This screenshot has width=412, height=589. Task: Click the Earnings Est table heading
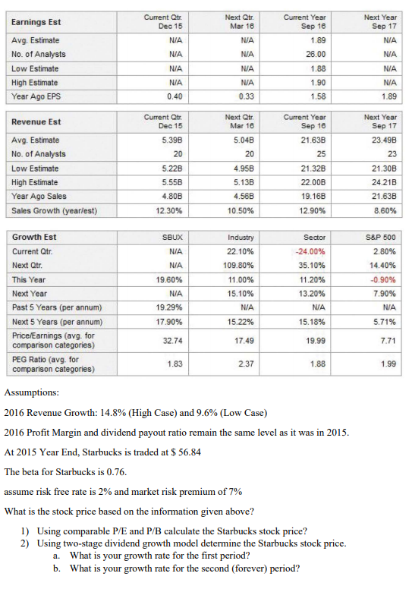(x=35, y=21)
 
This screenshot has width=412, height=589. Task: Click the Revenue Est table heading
(x=36, y=122)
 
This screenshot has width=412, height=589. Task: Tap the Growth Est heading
(x=33, y=236)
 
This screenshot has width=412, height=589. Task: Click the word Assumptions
(x=30, y=394)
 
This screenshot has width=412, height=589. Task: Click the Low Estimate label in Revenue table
(x=34, y=168)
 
